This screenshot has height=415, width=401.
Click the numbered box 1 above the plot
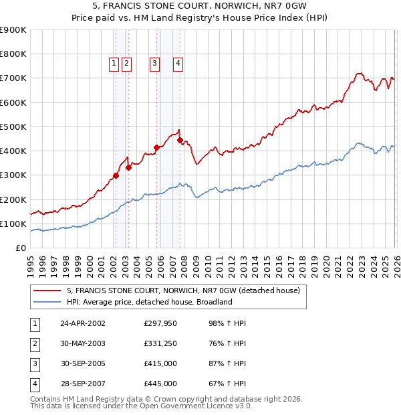tap(114, 64)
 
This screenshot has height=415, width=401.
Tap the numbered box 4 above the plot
tap(178, 64)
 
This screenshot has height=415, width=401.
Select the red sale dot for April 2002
tap(116, 176)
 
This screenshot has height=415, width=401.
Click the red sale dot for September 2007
tap(180, 140)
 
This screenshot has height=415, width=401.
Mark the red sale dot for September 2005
tap(156, 147)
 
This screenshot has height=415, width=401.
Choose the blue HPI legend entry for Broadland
tap(149, 302)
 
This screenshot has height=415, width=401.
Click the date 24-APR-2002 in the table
tap(82, 323)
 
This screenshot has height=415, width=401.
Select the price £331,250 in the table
tap(160, 343)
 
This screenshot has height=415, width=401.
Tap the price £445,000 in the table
tap(160, 384)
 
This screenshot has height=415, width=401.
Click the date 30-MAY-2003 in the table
tap(82, 343)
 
